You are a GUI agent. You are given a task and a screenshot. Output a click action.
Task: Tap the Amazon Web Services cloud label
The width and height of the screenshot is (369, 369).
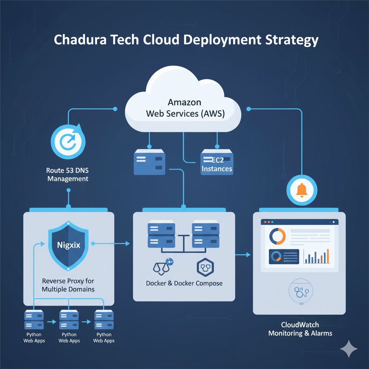coord(185,108)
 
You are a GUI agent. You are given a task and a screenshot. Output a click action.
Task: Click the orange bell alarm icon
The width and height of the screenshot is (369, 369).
coord(302,190)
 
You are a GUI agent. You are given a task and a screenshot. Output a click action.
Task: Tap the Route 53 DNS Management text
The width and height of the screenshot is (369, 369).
coord(68,174)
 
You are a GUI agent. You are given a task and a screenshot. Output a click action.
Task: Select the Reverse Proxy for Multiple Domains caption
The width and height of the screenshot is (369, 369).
coord(68,285)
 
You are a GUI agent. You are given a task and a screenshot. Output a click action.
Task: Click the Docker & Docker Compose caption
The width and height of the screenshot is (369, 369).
coord(184,283)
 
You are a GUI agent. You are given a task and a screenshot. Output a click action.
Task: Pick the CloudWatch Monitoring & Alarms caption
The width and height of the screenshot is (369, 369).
coord(300,329)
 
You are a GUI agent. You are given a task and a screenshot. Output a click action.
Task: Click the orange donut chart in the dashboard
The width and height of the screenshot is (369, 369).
coord(277,236)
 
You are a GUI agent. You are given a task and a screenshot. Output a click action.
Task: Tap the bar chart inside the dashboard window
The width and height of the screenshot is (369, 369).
coord(316,256)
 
